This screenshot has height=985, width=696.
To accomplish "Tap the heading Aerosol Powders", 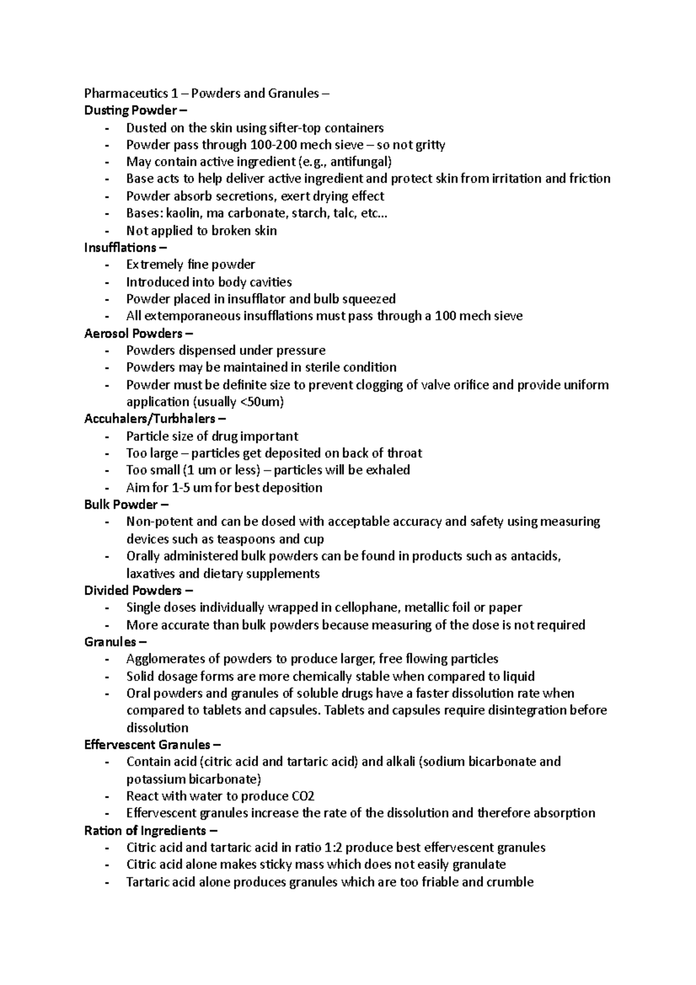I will pos(138,334).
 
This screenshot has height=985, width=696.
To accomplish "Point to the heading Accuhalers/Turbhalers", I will pos(155,419).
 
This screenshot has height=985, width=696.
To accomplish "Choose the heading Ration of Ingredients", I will pos(145,831).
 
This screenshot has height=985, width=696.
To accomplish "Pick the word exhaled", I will pos(387,470).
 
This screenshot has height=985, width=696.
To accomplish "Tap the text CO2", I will pos(303,796).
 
